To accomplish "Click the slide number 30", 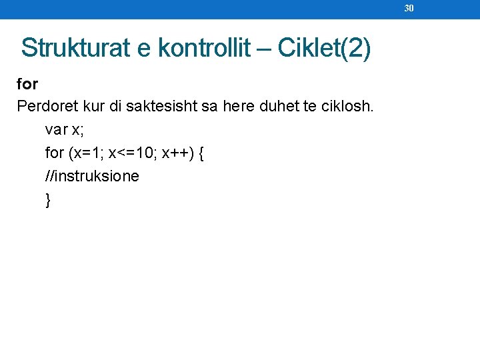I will [409, 8].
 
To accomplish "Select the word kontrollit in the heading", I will [203, 48].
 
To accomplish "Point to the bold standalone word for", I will [27, 84].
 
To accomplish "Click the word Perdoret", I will [44, 106].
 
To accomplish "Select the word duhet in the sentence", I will [278, 106].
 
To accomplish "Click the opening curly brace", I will [202, 153].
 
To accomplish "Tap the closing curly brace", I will [48, 199].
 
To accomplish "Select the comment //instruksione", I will [92, 176].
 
